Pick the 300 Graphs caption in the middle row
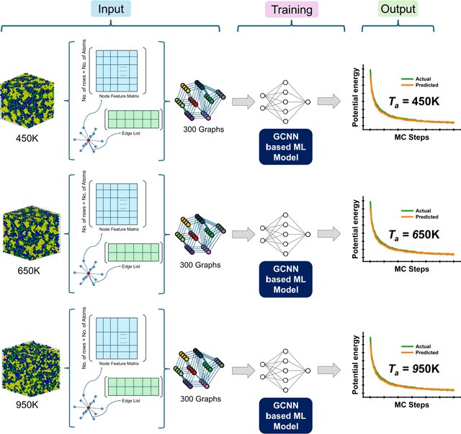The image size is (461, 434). pos(202,265)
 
